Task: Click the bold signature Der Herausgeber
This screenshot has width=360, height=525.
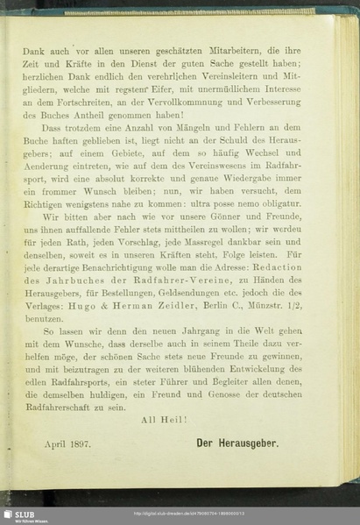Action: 236,444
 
